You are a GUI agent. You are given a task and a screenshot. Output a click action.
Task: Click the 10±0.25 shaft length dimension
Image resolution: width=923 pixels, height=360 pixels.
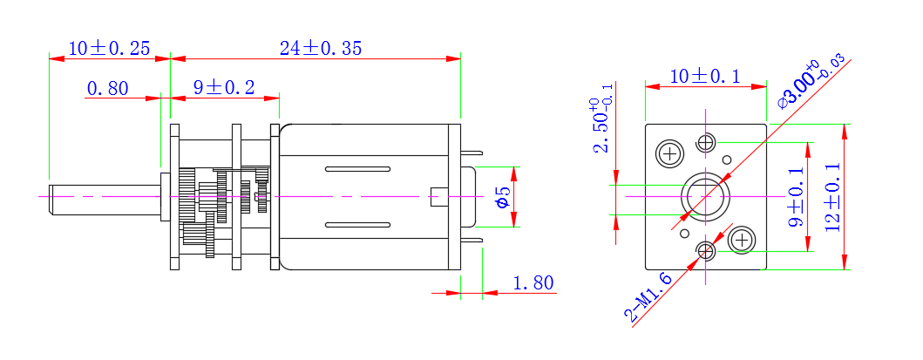[109, 48]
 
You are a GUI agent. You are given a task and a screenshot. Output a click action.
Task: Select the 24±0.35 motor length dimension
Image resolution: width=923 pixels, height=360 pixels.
[321, 48]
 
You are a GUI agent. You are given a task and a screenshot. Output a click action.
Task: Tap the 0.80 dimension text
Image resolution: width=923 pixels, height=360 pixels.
[108, 88]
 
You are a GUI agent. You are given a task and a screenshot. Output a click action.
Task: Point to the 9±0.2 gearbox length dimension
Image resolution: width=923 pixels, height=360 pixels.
[224, 88]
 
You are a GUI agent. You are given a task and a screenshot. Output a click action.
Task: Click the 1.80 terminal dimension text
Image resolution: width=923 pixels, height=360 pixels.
[533, 283]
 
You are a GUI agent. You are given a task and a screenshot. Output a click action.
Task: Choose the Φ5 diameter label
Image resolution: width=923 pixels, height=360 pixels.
[502, 197]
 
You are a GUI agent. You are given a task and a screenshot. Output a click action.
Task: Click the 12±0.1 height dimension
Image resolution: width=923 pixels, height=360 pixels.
[832, 197]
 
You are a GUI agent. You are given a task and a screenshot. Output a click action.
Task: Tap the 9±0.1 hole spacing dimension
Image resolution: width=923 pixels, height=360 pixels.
[797, 197]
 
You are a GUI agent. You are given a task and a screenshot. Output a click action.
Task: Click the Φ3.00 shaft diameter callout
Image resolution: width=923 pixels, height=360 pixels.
[811, 82]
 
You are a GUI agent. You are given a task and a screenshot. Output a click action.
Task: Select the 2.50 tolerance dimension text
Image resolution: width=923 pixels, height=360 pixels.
[602, 126]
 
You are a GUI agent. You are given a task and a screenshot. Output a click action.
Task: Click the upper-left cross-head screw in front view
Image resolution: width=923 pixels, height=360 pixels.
[670, 154]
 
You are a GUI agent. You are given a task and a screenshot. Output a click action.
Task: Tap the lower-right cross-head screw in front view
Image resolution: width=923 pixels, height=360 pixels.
[742, 240]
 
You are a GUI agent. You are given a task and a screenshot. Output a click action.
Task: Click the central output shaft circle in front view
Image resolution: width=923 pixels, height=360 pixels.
[706, 197]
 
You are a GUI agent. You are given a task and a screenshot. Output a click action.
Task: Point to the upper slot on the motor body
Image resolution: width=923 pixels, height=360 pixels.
[358, 169]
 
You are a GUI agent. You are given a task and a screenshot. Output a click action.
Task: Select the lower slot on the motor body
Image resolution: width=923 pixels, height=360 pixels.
[358, 225]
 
